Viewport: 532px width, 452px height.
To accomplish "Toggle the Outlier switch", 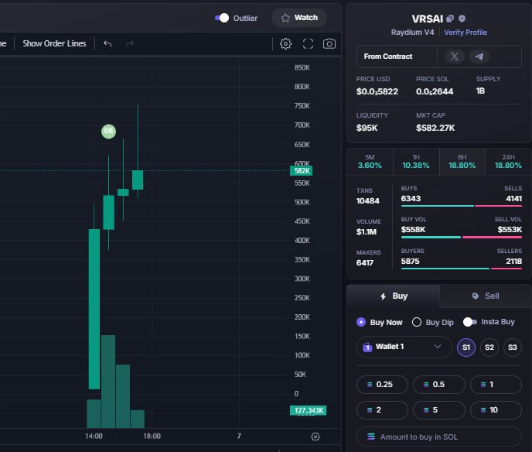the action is [222, 18].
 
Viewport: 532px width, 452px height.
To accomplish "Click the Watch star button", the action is [299, 18].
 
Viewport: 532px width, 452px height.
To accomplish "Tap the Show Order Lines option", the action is [54, 43].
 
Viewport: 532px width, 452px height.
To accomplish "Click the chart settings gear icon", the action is [285, 44].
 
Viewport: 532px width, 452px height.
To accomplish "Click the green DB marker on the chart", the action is [108, 131].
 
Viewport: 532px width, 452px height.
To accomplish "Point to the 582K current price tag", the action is [302, 171].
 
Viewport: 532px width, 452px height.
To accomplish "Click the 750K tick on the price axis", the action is [302, 106].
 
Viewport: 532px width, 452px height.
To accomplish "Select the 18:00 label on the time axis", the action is [152, 436].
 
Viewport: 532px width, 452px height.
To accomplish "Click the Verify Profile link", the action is [465, 33].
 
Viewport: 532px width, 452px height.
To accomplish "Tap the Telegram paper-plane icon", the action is [479, 56].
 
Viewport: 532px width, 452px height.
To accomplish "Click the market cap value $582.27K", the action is [435, 128].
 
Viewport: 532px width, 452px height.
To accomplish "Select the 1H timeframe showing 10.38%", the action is [416, 162].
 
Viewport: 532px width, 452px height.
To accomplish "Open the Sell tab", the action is [486, 296].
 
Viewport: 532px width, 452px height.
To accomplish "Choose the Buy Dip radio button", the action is [417, 322].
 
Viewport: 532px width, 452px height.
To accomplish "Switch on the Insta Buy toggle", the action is [470, 322].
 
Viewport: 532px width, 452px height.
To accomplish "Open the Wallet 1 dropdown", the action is [404, 347].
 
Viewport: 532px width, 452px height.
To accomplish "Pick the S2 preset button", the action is [489, 347].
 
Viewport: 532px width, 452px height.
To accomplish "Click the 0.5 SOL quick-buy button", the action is [438, 385].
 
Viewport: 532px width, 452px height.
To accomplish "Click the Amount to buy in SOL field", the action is [438, 437].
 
